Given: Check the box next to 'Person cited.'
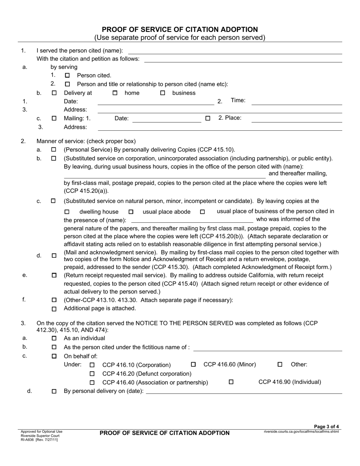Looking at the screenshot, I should point(67,75).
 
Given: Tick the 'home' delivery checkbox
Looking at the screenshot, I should point(115,93).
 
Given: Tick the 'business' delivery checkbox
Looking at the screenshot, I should point(163,93).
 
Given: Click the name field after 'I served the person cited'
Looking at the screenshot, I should point(235,51).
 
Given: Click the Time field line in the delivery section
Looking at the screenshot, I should point(297,102).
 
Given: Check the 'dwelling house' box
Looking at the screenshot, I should point(67,212).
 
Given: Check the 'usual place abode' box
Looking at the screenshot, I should point(131,212).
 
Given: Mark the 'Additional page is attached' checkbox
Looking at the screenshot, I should point(54,309).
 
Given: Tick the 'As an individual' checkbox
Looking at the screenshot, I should point(54,338).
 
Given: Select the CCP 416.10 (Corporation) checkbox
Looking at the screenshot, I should point(92,365).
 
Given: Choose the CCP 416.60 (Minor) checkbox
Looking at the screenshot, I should point(193,364).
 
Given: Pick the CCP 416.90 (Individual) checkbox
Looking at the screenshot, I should point(231,382).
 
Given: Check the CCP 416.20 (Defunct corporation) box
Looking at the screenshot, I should point(92,374).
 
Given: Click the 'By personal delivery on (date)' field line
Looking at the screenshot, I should point(244,392).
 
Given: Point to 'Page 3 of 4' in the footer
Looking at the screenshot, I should point(327,427).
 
